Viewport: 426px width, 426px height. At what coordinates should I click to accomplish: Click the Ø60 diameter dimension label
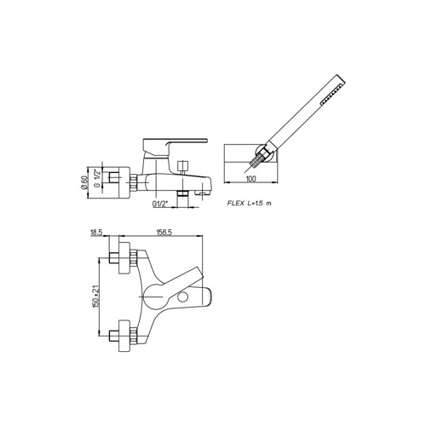83,182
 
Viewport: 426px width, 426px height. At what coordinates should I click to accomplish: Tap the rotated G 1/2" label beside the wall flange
97,179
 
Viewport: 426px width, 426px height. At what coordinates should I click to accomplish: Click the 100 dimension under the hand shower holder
251,179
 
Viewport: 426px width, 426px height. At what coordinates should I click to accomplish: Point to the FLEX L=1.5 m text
249,203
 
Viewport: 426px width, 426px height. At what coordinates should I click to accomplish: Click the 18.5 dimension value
96,233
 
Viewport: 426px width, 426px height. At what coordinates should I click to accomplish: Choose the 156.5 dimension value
164,233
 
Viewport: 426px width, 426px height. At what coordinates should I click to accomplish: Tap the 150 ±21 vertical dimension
95,296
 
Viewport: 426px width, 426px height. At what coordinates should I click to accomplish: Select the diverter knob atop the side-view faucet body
182,166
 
